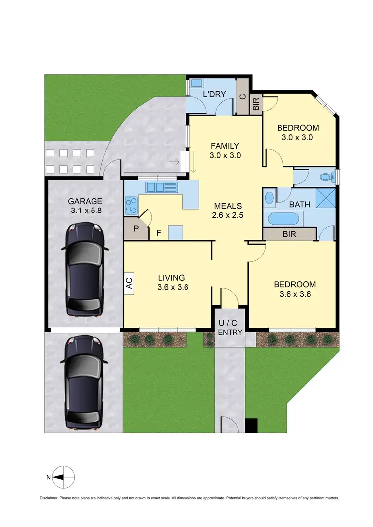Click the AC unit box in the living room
click(x=129, y=284)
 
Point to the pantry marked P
click(x=136, y=230)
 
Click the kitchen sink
click(x=162, y=187)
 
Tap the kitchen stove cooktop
click(x=132, y=206)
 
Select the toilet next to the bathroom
click(x=326, y=176)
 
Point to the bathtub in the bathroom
click(x=284, y=219)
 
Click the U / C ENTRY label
click(x=230, y=328)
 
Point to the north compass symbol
click(x=63, y=477)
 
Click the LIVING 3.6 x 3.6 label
click(x=171, y=282)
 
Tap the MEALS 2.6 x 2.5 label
click(x=228, y=211)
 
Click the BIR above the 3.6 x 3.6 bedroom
click(x=289, y=234)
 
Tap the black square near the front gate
click(x=252, y=425)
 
